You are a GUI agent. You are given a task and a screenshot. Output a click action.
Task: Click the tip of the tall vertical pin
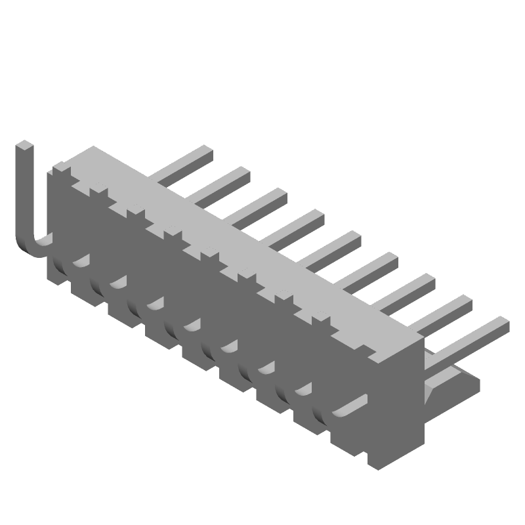[23, 146]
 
